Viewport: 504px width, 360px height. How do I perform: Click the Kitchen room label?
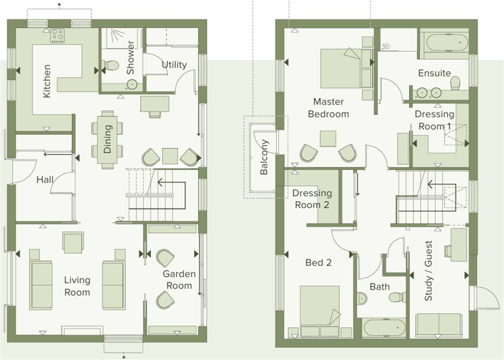tap(47, 81)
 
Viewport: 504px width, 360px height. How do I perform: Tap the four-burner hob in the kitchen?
tap(58, 36)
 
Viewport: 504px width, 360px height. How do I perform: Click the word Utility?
tap(174, 65)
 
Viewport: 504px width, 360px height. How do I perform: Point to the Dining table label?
tap(107, 139)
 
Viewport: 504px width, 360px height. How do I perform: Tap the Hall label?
tap(45, 179)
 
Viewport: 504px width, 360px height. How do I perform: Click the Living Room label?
tap(77, 286)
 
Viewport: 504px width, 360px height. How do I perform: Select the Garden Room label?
tap(179, 280)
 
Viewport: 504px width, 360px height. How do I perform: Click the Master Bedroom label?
tap(328, 108)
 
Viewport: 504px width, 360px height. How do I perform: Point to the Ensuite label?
tap(434, 73)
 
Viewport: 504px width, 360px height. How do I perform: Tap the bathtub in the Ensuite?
tap(447, 42)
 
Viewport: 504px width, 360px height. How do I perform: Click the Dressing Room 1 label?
tap(434, 120)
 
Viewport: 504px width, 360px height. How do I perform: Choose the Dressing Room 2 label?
tap(312, 199)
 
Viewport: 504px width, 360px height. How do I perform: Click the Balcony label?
tap(264, 157)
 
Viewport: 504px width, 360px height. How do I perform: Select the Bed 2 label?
tap(318, 263)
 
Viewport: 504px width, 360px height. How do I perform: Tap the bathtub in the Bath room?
tap(384, 328)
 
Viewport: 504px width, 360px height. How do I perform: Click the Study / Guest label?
tap(428, 271)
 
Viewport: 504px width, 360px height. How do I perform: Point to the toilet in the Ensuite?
tap(455, 83)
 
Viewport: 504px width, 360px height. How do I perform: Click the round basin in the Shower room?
tap(132, 84)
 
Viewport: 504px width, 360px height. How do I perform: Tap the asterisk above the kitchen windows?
tap(59, 5)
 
